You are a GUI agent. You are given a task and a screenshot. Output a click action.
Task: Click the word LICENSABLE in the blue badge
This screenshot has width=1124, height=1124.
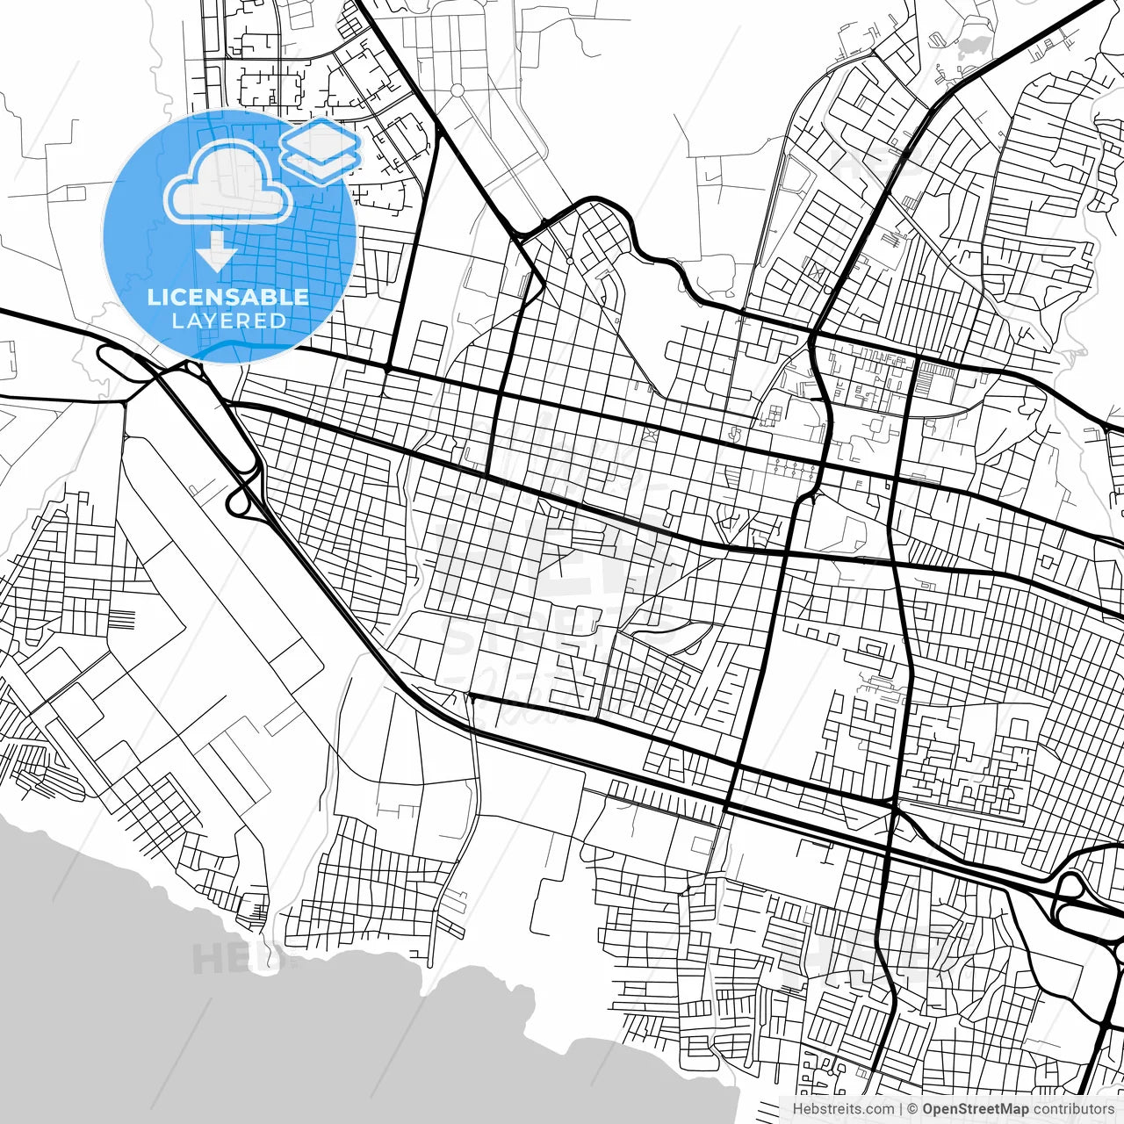[x=228, y=297]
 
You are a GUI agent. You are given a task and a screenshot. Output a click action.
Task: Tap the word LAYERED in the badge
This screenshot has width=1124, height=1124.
[x=228, y=321]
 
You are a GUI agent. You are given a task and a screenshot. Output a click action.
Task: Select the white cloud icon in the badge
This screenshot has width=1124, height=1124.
[x=228, y=182]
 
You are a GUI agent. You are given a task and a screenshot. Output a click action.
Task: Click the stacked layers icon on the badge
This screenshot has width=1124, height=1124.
[x=320, y=150]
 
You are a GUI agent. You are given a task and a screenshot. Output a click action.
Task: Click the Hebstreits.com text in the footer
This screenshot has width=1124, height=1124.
[x=843, y=1109]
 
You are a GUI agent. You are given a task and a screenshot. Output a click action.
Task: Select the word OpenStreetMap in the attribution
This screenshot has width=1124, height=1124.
[x=975, y=1109]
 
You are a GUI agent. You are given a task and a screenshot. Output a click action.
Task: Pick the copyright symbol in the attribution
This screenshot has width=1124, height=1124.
[x=912, y=1109]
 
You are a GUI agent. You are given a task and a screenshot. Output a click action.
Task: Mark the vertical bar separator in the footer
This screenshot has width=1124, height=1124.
[x=901, y=1109]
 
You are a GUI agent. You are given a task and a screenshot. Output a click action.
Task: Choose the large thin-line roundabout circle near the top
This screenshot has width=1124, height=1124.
[x=457, y=90]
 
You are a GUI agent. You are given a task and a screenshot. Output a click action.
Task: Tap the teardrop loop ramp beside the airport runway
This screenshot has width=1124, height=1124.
[x=239, y=499]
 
